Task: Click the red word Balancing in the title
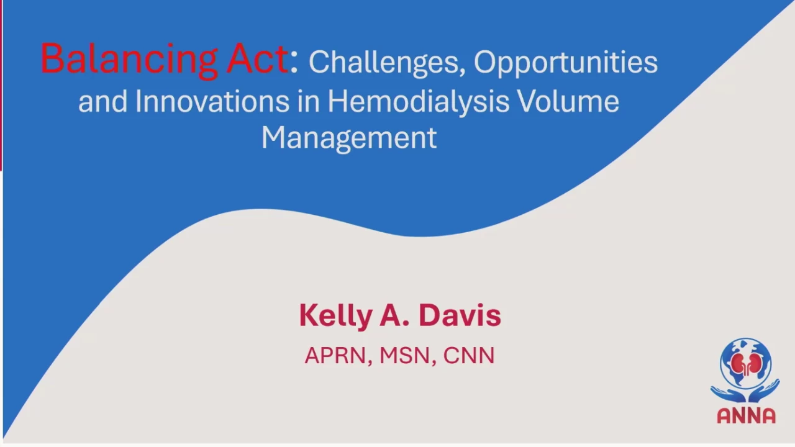pyautogui.click(x=129, y=60)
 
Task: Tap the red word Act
pyautogui.click(x=257, y=58)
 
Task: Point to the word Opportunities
pyautogui.click(x=566, y=64)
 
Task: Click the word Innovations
pyautogui.click(x=212, y=101)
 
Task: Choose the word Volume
pyautogui.click(x=568, y=101)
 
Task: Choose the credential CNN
pyautogui.click(x=469, y=356)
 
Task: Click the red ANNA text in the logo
pyautogui.click(x=747, y=416)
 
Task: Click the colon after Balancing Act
pyautogui.click(x=294, y=63)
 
